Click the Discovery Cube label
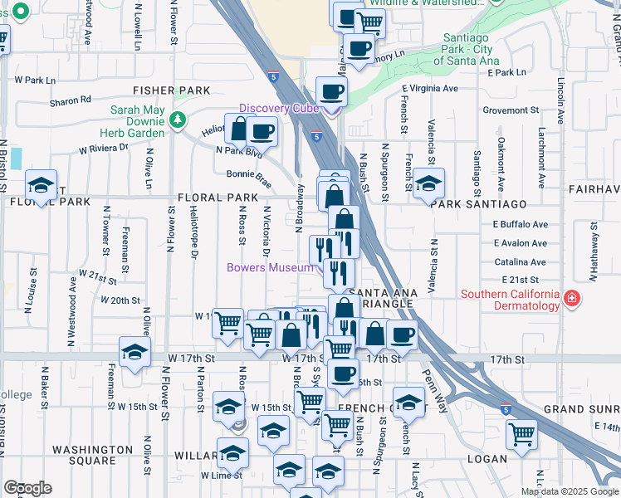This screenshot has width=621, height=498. click(x=279, y=109)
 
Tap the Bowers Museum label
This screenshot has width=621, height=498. click(x=270, y=267)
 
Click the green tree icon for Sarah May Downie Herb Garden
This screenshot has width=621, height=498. click(x=177, y=120)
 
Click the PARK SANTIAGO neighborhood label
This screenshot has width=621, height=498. click(x=480, y=204)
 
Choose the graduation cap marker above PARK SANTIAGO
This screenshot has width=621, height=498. click(x=428, y=183)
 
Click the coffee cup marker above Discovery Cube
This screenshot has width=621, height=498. click(x=331, y=91)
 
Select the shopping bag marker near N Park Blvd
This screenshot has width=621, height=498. click(x=239, y=129)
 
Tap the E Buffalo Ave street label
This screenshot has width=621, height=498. click(x=521, y=224)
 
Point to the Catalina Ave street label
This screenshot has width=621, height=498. click(x=520, y=261)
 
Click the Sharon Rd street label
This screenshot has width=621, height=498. click(x=71, y=100)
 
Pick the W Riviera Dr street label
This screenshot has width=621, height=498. click(x=104, y=149)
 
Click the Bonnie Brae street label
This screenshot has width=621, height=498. click(x=249, y=174)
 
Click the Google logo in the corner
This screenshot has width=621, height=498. click(x=27, y=488)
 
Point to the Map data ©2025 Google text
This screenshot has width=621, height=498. click(x=570, y=491)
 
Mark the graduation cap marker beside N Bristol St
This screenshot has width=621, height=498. click(x=40, y=185)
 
